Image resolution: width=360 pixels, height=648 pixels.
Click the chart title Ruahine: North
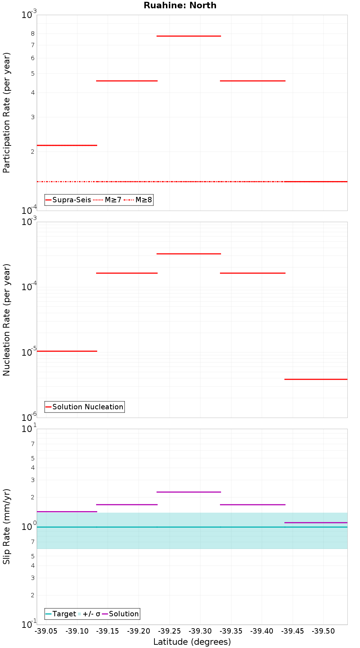coord(180,5)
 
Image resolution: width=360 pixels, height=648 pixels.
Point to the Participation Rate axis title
coord(6,113)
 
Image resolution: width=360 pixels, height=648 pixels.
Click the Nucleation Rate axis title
coord(6,320)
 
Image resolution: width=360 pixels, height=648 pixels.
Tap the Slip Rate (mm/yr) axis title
coord(6,526)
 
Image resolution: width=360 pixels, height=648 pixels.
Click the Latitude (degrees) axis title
coord(192,642)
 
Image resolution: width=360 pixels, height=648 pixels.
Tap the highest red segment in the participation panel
coord(189,36)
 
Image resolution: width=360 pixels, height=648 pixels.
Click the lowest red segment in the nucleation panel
coord(316,379)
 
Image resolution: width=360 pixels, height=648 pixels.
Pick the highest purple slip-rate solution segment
coord(189,492)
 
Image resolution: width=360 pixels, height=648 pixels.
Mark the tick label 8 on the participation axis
coord(33,33)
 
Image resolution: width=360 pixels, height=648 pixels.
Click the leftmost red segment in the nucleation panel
coord(67,351)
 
